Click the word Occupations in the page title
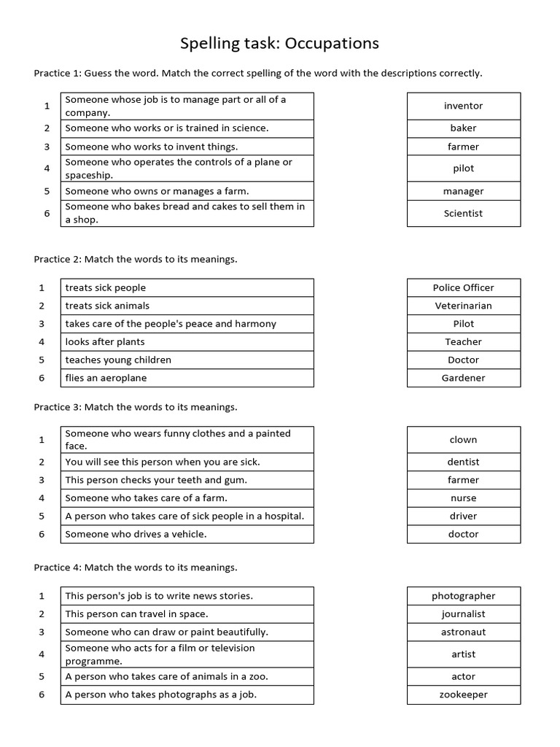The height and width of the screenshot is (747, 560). pyautogui.click(x=332, y=43)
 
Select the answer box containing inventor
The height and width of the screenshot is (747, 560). pyautogui.click(x=463, y=106)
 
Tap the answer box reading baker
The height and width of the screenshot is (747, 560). pyautogui.click(x=463, y=128)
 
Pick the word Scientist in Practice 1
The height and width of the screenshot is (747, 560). pyautogui.click(x=463, y=213)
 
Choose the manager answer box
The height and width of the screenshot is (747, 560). pyautogui.click(x=463, y=191)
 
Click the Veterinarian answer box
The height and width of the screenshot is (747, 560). pyautogui.click(x=463, y=306)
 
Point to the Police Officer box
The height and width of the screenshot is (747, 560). pyautogui.click(x=463, y=287)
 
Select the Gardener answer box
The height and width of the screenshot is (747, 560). pyautogui.click(x=463, y=378)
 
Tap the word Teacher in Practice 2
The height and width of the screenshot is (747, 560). pyautogui.click(x=463, y=341)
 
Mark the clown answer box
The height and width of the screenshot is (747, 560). pyautogui.click(x=463, y=439)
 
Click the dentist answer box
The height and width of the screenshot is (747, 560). pyautogui.click(x=463, y=462)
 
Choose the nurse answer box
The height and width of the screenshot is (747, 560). pyautogui.click(x=463, y=498)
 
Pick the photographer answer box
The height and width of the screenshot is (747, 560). pyautogui.click(x=463, y=596)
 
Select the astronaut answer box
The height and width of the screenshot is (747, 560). pyautogui.click(x=463, y=632)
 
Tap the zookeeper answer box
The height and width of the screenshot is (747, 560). pyautogui.click(x=463, y=694)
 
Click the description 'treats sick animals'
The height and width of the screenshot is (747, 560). pyautogui.click(x=107, y=306)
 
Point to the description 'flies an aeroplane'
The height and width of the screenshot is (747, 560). pyautogui.click(x=106, y=378)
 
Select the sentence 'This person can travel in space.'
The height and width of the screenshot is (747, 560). pyautogui.click(x=136, y=614)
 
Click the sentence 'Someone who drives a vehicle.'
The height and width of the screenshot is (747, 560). pyautogui.click(x=136, y=534)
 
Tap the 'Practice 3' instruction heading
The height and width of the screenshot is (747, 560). pyautogui.click(x=135, y=407)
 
